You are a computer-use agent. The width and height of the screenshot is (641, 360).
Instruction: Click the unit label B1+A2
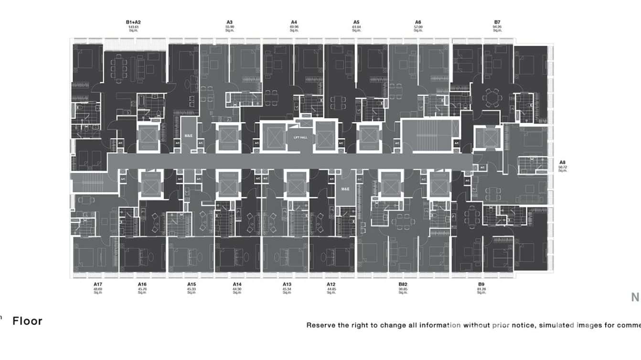pos(133,22)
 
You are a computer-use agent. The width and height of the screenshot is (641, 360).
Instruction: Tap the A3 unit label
pos(230,22)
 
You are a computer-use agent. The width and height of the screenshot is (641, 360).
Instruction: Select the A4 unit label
pos(294,22)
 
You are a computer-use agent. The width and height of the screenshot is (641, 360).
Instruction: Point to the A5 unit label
pos(356,22)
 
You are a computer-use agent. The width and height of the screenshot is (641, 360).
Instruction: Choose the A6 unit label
pos(418,22)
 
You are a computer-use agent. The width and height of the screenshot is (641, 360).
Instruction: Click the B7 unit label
pos(497,22)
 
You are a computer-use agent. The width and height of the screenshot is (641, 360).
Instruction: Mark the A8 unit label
pos(562,162)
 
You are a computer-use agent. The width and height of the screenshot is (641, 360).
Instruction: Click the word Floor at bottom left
pos(27,321)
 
